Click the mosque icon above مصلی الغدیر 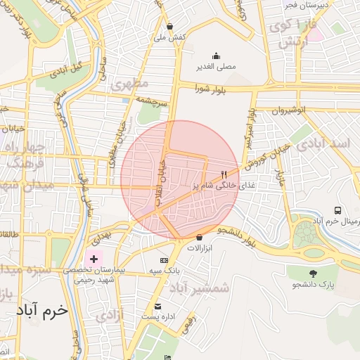point(215,56)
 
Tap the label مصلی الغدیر point(215,67)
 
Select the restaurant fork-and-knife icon point(224,174)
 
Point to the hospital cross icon point(94,259)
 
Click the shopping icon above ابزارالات point(200,238)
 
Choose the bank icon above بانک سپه point(164,260)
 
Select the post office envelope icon point(157,307)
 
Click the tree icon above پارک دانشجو point(313,274)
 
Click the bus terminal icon point(338,210)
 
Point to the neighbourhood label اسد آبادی point(323,144)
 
